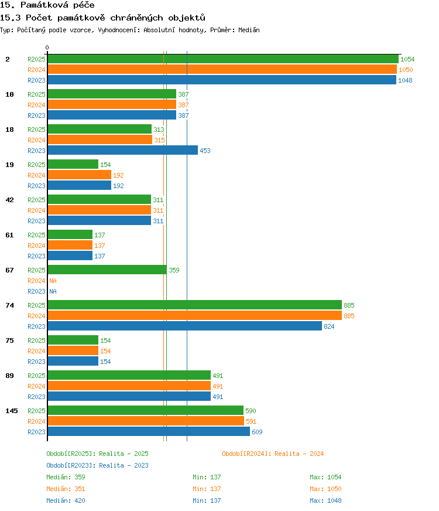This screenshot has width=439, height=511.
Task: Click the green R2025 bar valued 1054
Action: tap(223, 59)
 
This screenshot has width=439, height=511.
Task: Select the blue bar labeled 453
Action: tap(123, 150)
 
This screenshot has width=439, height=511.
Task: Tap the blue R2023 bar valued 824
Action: tap(185, 326)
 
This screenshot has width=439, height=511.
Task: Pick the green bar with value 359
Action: tap(107, 270)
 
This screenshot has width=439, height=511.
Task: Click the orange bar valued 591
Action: tap(146, 421)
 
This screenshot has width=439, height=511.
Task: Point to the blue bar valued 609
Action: tap(149, 431)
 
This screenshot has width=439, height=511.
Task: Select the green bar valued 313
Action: tap(100, 129)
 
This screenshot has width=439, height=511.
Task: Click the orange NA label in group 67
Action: tap(53, 281)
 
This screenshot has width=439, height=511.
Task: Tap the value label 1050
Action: tap(406, 70)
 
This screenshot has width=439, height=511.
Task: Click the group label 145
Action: tap(11, 411)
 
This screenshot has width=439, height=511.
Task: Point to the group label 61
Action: tap(9, 235)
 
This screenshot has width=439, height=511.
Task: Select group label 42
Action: tap(9, 200)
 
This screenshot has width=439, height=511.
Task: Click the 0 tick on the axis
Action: tap(47, 48)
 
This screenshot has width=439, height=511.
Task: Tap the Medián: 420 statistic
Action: tap(66, 500)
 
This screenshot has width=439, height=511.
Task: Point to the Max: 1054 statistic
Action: tap(325, 477)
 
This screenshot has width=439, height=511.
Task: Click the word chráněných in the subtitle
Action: tap(136, 18)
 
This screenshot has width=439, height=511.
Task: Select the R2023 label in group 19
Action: tap(36, 186)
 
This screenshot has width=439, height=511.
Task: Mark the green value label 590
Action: tap(251, 411)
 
